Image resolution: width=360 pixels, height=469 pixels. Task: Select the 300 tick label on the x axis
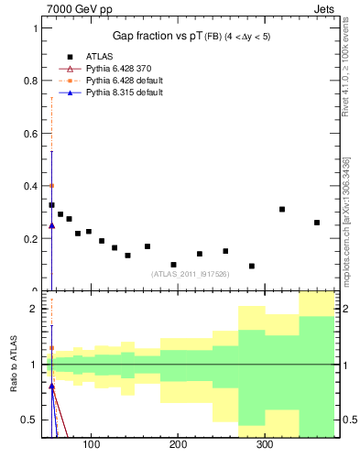[264, 444]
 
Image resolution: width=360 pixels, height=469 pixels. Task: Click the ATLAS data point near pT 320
[282, 210]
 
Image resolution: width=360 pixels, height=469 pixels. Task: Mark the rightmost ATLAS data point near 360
[317, 223]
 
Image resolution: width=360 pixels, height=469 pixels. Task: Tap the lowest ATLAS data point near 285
[252, 266]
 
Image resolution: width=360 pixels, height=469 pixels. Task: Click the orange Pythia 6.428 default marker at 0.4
[51, 185]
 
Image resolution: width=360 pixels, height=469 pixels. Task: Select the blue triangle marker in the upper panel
[51, 224]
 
